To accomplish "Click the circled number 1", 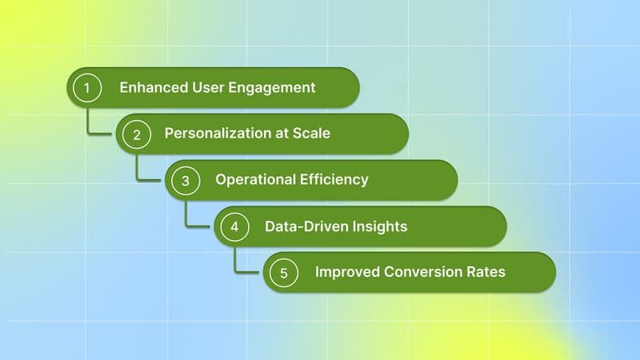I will point(87,88).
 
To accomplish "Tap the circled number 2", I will point(137,134).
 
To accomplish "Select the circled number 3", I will point(186,181).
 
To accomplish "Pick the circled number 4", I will point(234,227).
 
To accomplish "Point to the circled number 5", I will point(283,273).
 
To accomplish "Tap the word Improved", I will point(345,272).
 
